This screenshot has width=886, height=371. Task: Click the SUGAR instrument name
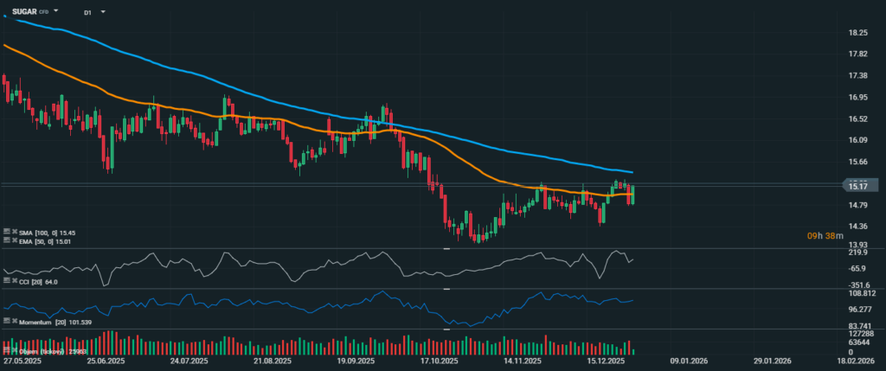(x=23, y=11)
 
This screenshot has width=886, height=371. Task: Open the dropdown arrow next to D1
(x=103, y=13)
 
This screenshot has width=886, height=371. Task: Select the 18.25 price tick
(x=858, y=33)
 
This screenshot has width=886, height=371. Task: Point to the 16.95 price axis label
(x=858, y=98)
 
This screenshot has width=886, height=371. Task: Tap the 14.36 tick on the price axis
(x=858, y=227)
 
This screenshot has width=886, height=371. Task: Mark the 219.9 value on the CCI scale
(x=857, y=253)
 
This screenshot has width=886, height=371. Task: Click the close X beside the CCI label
(x=8, y=281)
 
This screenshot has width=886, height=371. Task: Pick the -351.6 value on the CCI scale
(x=857, y=285)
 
